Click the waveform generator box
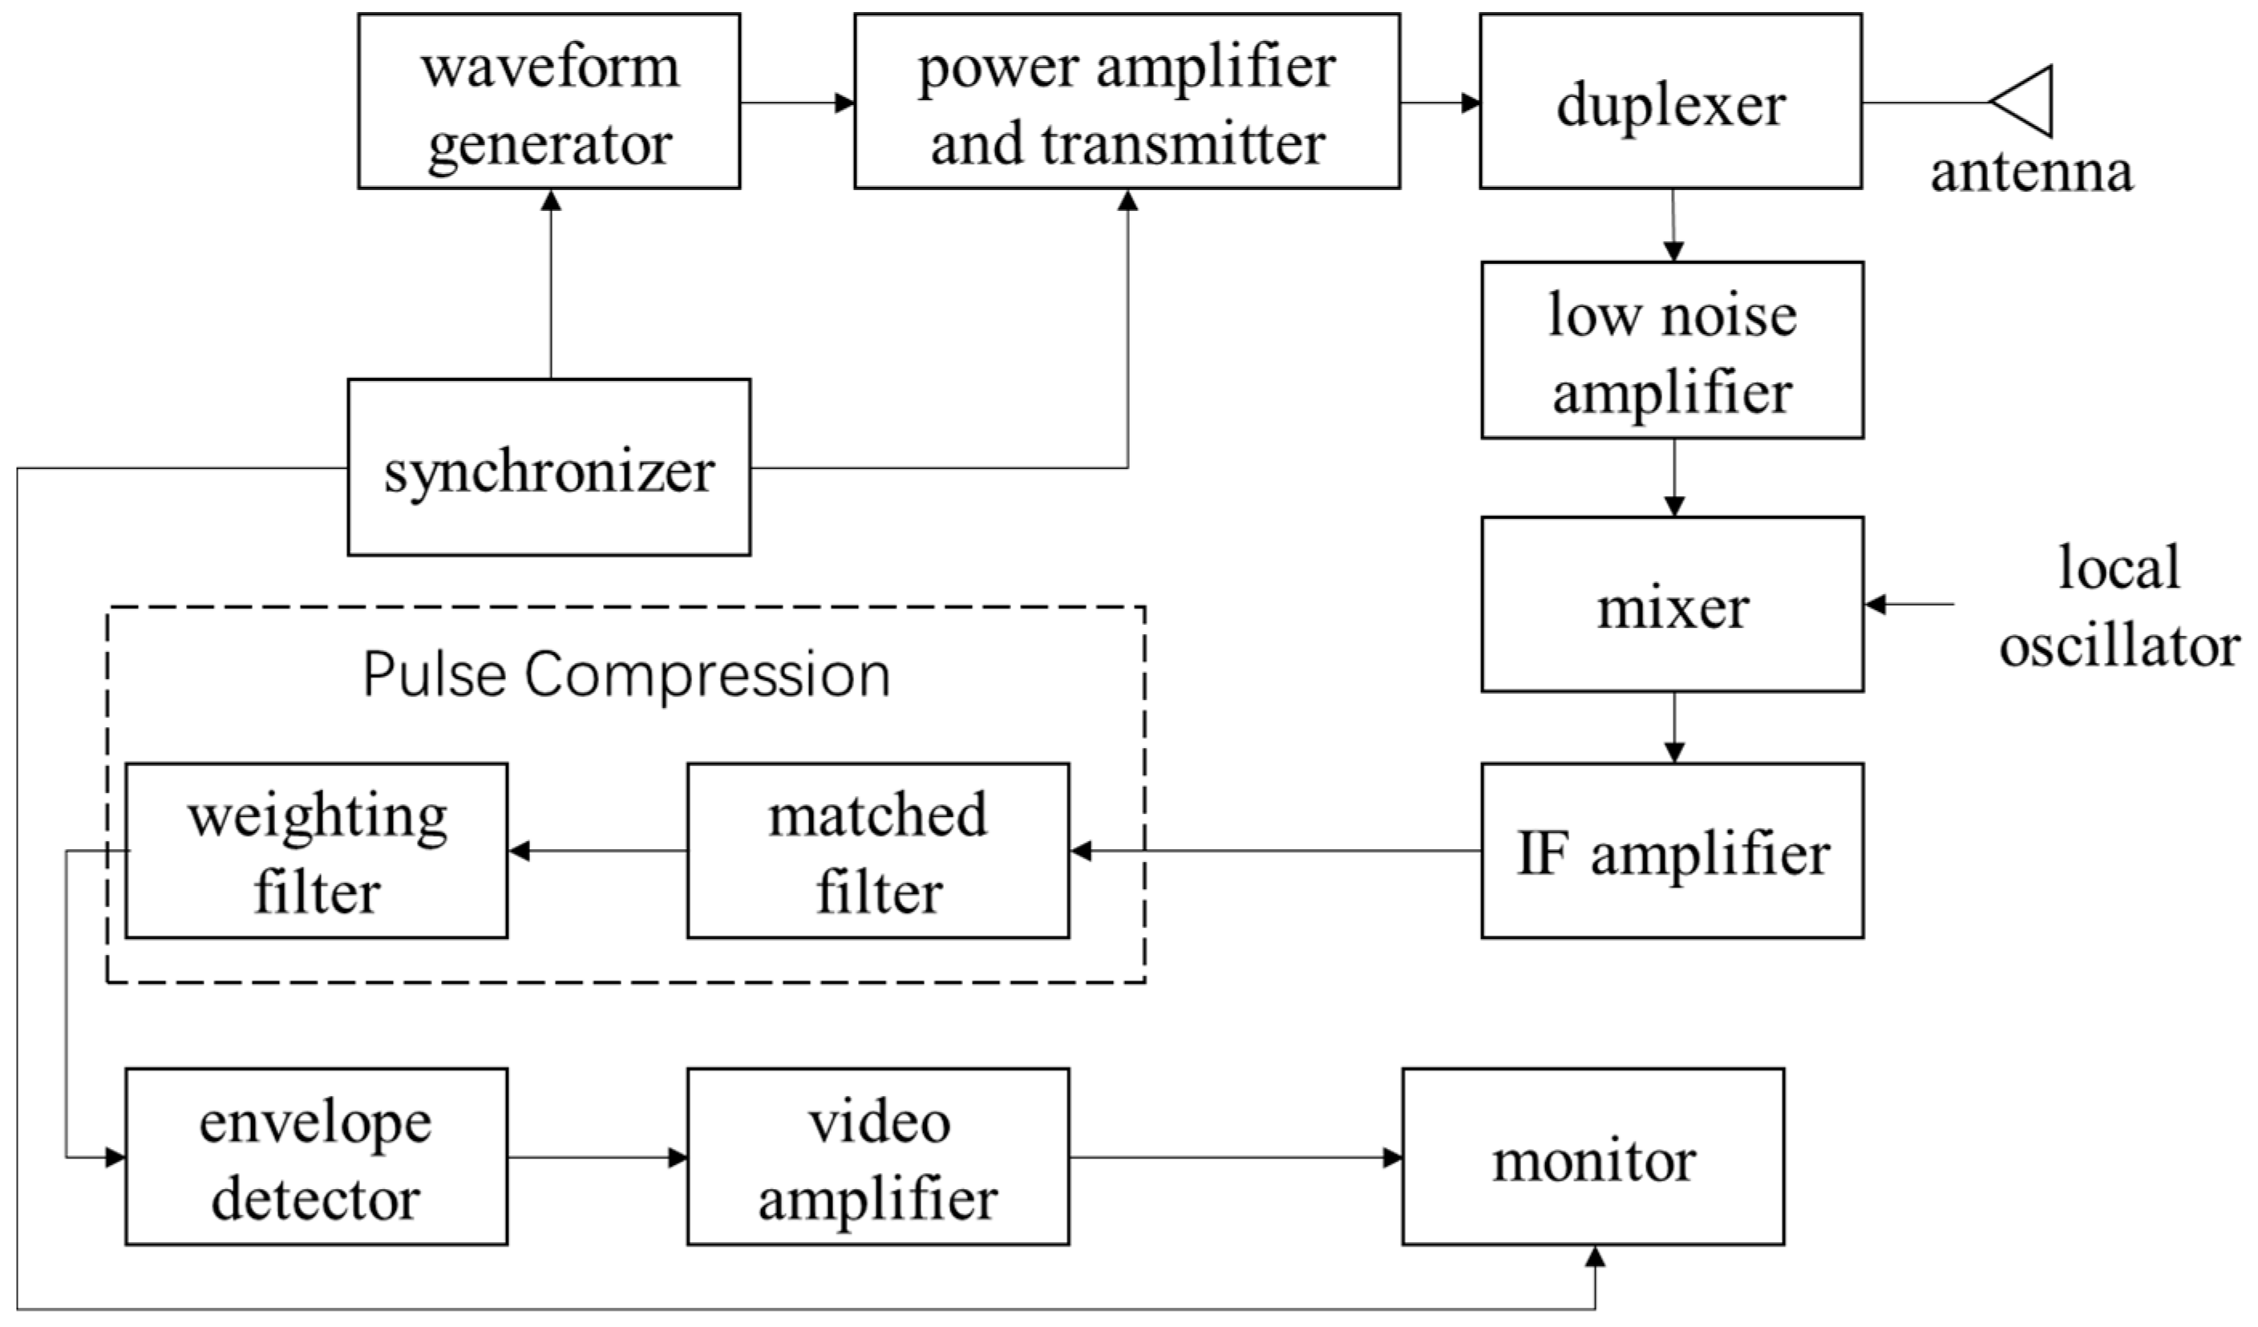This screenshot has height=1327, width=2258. point(548,100)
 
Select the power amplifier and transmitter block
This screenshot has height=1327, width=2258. point(1127,100)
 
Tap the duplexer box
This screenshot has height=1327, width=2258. point(1670,100)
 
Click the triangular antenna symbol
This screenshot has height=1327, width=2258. point(2023,101)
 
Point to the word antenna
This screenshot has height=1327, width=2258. point(2031,172)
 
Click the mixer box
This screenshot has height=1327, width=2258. point(1672,605)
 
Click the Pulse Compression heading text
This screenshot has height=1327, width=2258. point(625,674)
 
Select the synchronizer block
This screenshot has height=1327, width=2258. point(548,467)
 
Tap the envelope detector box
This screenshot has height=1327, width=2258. point(315,1157)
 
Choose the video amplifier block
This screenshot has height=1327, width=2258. point(877,1157)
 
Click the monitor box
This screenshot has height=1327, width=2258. point(1592,1157)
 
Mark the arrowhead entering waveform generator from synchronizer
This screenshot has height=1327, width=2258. point(552,200)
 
